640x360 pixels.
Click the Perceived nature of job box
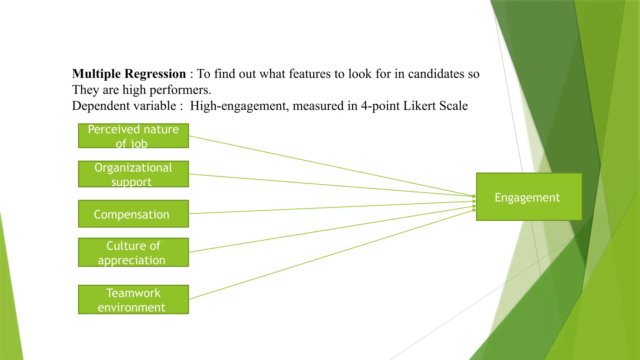[x=133, y=136]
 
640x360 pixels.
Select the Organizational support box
[x=133, y=174]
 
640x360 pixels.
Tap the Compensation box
[x=133, y=214]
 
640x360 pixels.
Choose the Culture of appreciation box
[x=133, y=252]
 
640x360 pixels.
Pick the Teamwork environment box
[x=133, y=299]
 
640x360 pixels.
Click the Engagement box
[x=529, y=197]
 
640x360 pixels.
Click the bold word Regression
[x=155, y=74]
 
